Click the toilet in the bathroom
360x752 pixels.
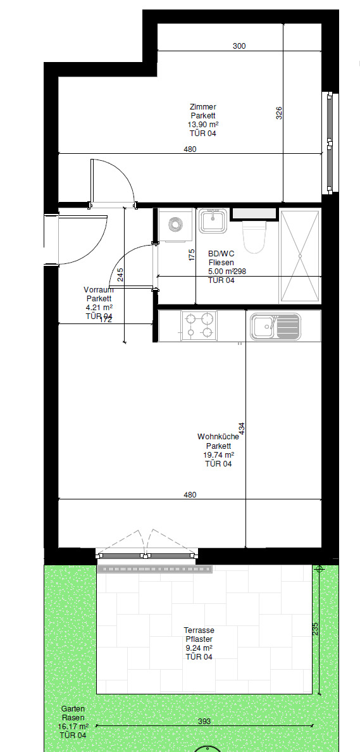[x=254, y=237]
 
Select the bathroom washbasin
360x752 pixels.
[x=213, y=221]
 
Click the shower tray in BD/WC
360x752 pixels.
[x=300, y=256]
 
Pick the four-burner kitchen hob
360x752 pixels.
[x=199, y=325]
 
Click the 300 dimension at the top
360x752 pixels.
[x=239, y=46]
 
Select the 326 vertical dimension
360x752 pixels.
[x=279, y=113]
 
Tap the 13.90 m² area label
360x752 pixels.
[x=202, y=124]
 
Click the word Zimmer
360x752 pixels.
[x=202, y=107]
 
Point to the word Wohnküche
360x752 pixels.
[x=218, y=437]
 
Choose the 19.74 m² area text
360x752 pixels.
[x=218, y=454]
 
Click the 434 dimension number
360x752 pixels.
[x=242, y=429]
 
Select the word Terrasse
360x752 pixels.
[x=199, y=630]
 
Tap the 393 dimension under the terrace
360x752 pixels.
[x=204, y=721]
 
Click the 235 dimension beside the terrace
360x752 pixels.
[x=315, y=629]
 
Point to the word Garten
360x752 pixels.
[x=73, y=709]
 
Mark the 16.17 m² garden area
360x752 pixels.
[x=73, y=727]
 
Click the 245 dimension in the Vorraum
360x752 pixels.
[x=120, y=274]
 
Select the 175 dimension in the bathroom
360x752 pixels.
[x=192, y=254]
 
